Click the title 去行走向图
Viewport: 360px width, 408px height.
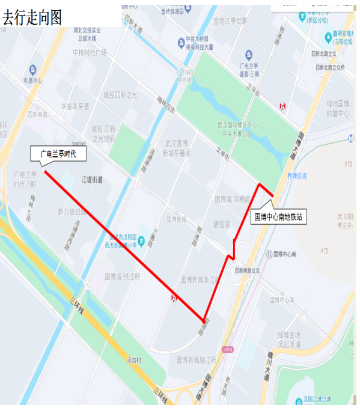coord(32,17)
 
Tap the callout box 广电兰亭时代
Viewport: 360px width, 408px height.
coord(58,154)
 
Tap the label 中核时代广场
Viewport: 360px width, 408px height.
coord(90,52)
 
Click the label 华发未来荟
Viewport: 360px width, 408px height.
coord(75,106)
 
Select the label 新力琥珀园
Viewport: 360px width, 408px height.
coord(73,212)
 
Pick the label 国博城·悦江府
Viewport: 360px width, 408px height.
coord(122,277)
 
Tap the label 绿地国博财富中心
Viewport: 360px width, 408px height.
coord(338,109)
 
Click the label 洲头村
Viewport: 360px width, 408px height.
coord(133,361)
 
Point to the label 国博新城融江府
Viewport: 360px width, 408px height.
coord(197,360)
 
